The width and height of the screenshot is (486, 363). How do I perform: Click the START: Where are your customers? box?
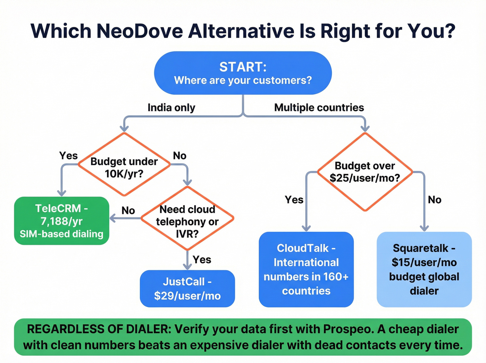(243, 73)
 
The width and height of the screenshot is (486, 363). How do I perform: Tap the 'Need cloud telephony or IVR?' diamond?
(187, 218)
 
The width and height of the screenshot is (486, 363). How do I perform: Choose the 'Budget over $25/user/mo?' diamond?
(365, 172)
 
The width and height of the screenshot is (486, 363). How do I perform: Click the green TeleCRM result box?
(61, 221)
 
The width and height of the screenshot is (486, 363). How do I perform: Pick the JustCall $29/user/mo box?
(187, 289)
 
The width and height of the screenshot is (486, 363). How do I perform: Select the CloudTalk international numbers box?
(306, 269)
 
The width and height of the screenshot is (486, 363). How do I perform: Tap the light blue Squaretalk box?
(424, 269)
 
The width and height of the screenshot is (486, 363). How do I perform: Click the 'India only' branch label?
(171, 108)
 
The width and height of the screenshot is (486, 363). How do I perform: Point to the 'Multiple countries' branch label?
(319, 108)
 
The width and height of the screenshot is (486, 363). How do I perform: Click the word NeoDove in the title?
(140, 31)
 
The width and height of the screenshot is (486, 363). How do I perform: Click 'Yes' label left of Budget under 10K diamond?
(68, 156)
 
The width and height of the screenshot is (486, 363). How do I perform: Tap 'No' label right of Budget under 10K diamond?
(179, 156)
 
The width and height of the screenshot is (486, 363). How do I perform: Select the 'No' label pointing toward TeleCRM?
(128, 211)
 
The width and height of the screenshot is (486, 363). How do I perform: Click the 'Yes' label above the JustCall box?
(202, 259)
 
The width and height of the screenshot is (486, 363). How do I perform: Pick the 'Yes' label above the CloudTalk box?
(294, 200)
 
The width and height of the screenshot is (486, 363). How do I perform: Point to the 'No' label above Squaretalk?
(434, 200)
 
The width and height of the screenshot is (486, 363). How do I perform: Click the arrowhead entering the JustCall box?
(187, 267)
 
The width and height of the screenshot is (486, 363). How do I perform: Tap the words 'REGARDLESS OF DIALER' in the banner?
(99, 329)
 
